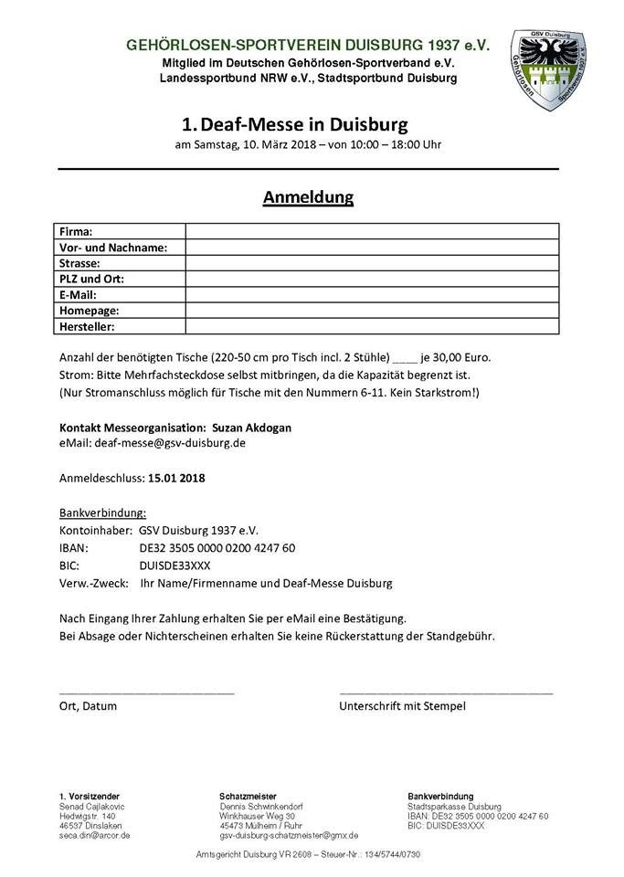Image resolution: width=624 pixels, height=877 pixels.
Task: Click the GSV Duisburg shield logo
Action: tap(546, 70)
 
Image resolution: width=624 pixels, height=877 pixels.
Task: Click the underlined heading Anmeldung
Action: tap(308, 196)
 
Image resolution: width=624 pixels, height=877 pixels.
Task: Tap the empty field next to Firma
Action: tap(371, 231)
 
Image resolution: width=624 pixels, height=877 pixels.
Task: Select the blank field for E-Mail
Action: tap(371, 294)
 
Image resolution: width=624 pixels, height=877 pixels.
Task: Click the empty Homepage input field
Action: tap(371, 310)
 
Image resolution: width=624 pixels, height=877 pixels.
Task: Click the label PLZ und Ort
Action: tap(91, 279)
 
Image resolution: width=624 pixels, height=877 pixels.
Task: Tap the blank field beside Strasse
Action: tap(371, 263)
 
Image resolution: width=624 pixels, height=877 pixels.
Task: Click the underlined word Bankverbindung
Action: tap(102, 512)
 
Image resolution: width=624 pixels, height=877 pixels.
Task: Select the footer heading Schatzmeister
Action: tap(248, 797)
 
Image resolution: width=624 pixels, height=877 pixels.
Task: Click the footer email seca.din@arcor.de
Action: tap(95, 835)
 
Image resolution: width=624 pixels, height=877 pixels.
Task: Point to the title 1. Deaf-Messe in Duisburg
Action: tap(294, 123)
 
